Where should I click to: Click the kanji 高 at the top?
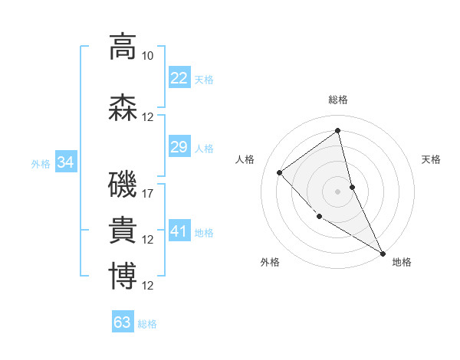pyautogui.click(x=123, y=47)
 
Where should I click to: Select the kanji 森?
pyautogui.click(x=123, y=108)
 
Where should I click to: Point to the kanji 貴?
pyautogui.click(x=123, y=231)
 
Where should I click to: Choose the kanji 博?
pyautogui.click(x=123, y=277)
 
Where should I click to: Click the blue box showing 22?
pyautogui.click(x=179, y=78)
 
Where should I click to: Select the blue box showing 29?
pyautogui.click(x=179, y=147)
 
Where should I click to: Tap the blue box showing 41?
pyautogui.click(x=179, y=231)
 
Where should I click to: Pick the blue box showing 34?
pyautogui.click(x=66, y=162)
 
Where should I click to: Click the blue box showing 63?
pyautogui.click(x=123, y=322)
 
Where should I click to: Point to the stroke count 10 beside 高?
pyautogui.click(x=148, y=56)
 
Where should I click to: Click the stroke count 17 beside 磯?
pyautogui.click(x=148, y=194)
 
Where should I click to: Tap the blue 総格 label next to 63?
pyautogui.click(x=147, y=324)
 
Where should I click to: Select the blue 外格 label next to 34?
pyautogui.click(x=41, y=163)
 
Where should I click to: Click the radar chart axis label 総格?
pyautogui.click(x=338, y=100)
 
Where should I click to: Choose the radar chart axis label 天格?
pyautogui.click(x=431, y=159)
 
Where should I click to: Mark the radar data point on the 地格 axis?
pyautogui.click(x=383, y=253)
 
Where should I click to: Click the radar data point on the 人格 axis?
pyautogui.click(x=280, y=172)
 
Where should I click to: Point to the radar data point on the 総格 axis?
pyautogui.click(x=338, y=131)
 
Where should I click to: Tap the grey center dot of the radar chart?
pyautogui.click(x=338, y=191)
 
